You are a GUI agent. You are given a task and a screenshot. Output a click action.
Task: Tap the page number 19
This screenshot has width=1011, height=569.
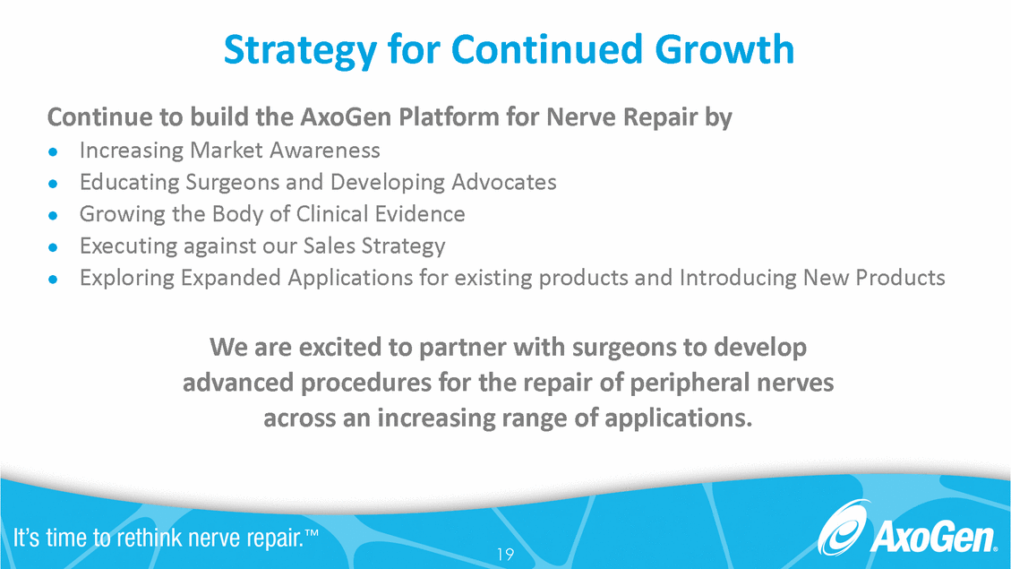(505, 555)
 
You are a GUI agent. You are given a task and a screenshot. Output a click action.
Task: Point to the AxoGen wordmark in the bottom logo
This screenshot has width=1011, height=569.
(931, 539)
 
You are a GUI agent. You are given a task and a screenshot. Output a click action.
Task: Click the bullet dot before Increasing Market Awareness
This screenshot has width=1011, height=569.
(54, 151)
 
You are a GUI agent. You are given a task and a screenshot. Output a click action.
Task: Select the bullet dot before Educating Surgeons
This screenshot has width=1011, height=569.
(54, 184)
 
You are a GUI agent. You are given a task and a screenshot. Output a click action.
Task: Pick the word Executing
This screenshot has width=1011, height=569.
(119, 246)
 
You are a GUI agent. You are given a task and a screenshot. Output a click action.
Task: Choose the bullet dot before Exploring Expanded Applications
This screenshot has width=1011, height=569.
(54, 279)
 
